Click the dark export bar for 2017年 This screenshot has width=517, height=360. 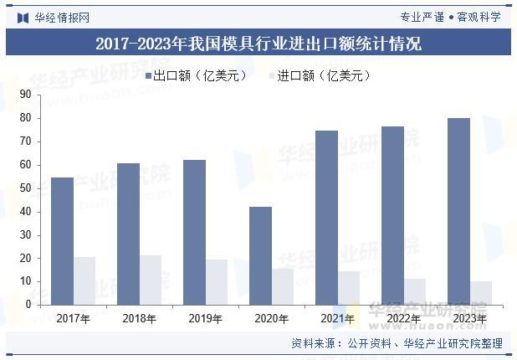[x=63, y=241]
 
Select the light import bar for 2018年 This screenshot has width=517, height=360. [x=151, y=280]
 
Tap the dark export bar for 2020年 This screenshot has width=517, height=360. [x=260, y=255]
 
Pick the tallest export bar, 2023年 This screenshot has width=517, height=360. [x=458, y=211]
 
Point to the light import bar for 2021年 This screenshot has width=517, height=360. [x=349, y=288]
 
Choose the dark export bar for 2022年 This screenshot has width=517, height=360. [x=392, y=215]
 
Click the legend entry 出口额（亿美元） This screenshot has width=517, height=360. [x=197, y=76]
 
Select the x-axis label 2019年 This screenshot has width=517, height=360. [x=205, y=319]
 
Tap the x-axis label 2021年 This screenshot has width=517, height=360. [x=337, y=319]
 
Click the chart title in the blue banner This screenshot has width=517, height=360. [x=258, y=44]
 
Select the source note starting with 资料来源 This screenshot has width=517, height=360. [x=397, y=343]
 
